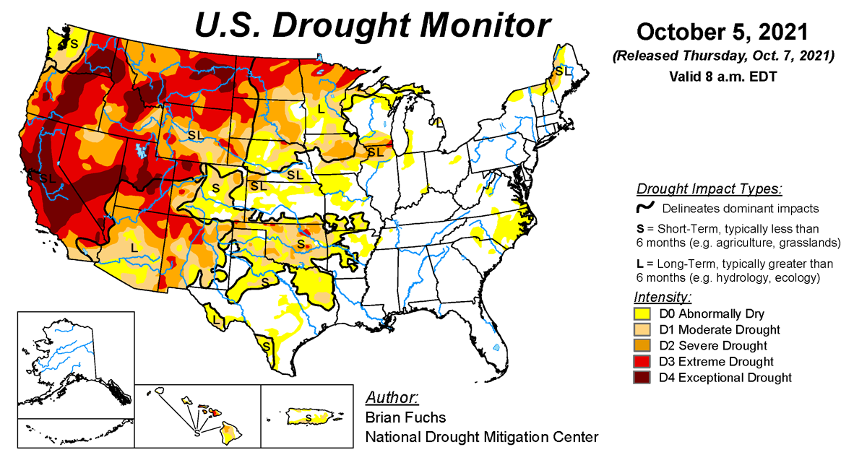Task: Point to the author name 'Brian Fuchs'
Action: (405, 417)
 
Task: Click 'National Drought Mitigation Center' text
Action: (482, 437)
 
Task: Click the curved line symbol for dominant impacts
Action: (644, 209)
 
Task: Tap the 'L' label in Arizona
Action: (134, 247)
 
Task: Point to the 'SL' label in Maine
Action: (563, 71)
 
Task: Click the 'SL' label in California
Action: (48, 178)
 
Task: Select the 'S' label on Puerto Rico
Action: (309, 418)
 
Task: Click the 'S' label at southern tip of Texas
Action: (267, 346)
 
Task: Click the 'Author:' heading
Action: (392, 398)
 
